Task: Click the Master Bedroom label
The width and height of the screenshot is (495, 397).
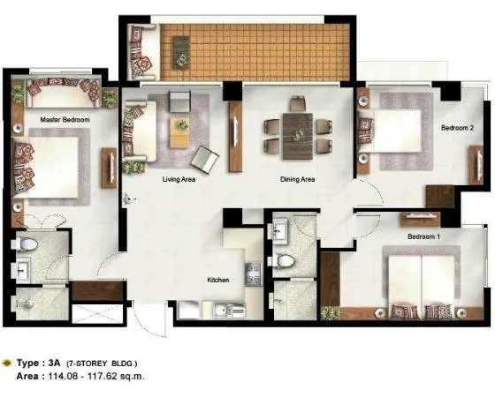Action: pyautogui.click(x=65, y=120)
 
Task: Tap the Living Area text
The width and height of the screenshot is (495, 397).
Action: pyautogui.click(x=179, y=179)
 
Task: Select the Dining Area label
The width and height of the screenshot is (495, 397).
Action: pyautogui.click(x=297, y=179)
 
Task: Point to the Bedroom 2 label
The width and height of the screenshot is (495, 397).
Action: pyautogui.click(x=458, y=128)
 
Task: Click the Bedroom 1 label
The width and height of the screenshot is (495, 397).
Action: pyautogui.click(x=423, y=236)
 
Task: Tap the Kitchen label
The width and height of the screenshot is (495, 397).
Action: pyautogui.click(x=218, y=280)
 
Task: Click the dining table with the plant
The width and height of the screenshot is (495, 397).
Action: pyautogui.click(x=298, y=136)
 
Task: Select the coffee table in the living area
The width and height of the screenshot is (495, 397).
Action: pyautogui.click(x=179, y=132)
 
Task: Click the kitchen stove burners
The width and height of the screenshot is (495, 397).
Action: pyautogui.click(x=253, y=274)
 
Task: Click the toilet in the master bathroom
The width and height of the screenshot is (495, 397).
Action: pyautogui.click(x=27, y=244)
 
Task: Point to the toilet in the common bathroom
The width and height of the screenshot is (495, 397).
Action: pyautogui.click(x=284, y=261)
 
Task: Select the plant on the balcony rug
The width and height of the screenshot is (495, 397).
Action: pyautogui.click(x=181, y=60)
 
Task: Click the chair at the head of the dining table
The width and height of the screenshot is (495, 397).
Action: pyautogui.click(x=298, y=104)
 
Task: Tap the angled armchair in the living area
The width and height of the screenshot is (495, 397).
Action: pyautogui.click(x=205, y=160)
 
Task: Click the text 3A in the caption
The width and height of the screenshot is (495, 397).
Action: pyautogui.click(x=54, y=363)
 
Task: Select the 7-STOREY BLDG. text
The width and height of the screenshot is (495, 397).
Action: pyautogui.click(x=102, y=363)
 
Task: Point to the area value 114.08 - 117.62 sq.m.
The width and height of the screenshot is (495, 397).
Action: pyautogui.click(x=96, y=376)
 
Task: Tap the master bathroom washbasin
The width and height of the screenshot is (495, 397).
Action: pyautogui.click(x=23, y=269)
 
